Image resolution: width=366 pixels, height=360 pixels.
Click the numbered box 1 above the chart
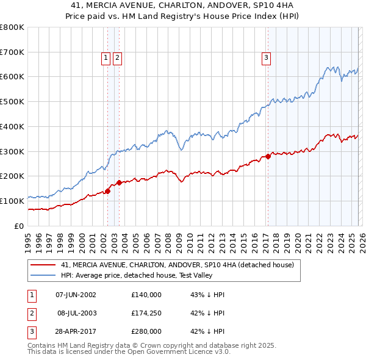click(x=106, y=58)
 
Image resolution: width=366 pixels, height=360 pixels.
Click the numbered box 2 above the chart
click(x=117, y=58)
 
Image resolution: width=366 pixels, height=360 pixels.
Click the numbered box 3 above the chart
click(x=267, y=58)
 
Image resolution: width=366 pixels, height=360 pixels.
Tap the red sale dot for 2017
click(x=268, y=156)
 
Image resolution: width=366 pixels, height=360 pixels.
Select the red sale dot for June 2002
click(x=108, y=191)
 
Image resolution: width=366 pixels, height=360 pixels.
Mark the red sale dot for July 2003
click(x=119, y=182)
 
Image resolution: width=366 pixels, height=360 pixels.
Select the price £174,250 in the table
click(x=146, y=313)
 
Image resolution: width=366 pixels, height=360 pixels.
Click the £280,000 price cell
click(x=146, y=331)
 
